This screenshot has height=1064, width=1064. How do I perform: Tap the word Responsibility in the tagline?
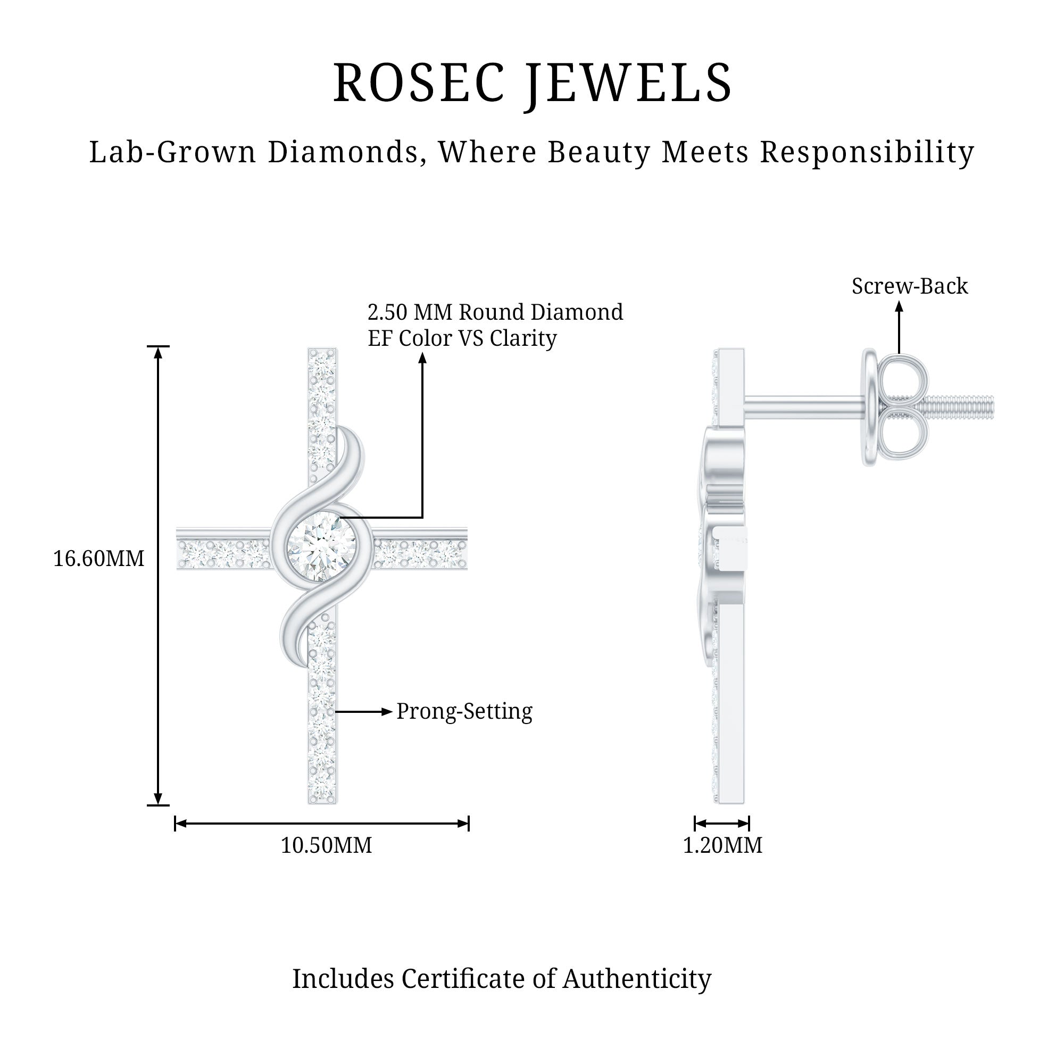coord(867,152)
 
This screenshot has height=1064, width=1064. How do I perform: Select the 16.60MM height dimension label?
coord(98,559)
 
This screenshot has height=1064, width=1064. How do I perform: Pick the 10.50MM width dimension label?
coord(326,845)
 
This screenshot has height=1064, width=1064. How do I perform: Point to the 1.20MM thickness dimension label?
coord(722,845)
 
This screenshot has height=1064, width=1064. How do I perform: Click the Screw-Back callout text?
coord(909,286)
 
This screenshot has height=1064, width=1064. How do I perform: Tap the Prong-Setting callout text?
coord(464,711)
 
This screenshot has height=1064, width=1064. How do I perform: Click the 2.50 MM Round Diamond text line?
coord(495,312)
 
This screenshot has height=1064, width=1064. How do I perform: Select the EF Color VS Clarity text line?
coord(462,338)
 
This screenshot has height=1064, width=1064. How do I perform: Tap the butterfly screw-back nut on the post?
coord(897,408)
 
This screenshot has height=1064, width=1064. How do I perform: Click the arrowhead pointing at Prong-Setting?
coord(387,711)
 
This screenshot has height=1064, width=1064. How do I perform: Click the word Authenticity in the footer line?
coord(637,979)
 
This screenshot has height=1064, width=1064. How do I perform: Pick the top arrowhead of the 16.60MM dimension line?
coord(158,353)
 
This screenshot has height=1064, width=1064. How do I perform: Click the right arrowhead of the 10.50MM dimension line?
coord(463,824)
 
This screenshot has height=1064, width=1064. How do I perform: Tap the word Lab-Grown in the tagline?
coord(172,152)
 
